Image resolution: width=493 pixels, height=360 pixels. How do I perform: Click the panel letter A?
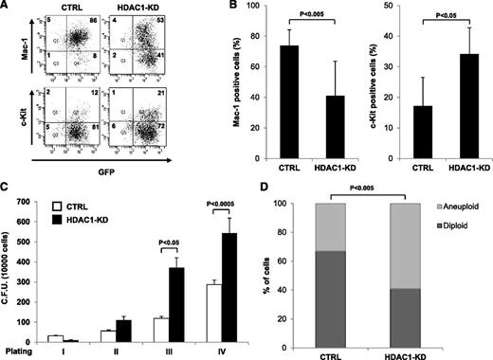point(7,8)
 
